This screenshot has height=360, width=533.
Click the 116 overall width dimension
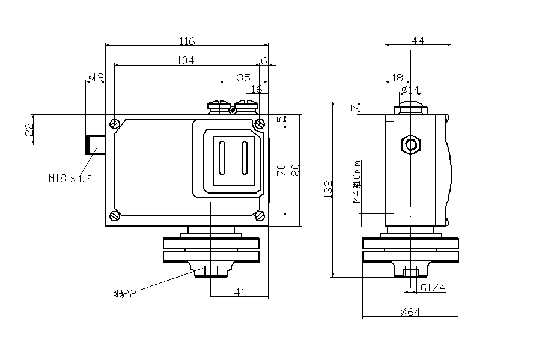click(x=187, y=41)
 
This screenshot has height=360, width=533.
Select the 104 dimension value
click(x=186, y=60)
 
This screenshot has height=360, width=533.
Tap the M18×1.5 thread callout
click(x=70, y=178)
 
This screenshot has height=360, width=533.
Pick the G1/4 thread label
click(x=433, y=288)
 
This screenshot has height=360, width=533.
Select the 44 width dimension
click(x=418, y=41)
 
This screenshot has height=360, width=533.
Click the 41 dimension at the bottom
click(x=240, y=292)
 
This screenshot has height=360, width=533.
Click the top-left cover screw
click(x=115, y=124)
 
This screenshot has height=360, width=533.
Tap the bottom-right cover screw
click(x=260, y=216)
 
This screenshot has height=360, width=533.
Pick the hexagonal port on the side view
click(x=411, y=145)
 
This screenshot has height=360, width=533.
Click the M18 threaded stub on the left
click(x=95, y=145)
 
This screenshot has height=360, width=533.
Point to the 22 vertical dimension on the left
click(x=29, y=130)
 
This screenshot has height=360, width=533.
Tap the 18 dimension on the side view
click(x=397, y=78)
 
